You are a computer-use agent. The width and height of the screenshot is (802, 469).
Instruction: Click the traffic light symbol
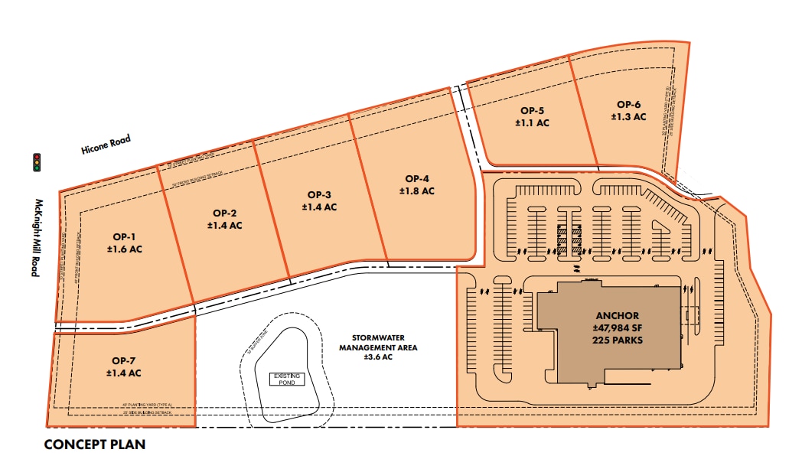pyautogui.click(x=36, y=162)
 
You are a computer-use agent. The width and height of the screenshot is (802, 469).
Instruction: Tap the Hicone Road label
pyautogui.click(x=106, y=145)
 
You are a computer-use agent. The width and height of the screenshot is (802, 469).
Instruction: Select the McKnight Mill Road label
pyautogui.click(x=35, y=238)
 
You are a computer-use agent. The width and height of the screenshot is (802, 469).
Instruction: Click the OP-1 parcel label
pyautogui.click(x=125, y=236)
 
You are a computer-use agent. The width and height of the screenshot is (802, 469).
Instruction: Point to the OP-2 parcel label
pyautogui.click(x=224, y=213)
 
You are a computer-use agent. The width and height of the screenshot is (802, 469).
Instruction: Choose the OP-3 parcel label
pyautogui.click(x=319, y=194)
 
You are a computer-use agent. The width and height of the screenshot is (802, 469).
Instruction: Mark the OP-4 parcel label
pyautogui.click(x=416, y=178)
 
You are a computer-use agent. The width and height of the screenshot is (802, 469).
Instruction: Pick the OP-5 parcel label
pyautogui.click(x=531, y=110)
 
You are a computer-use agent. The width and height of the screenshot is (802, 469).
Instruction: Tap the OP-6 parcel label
pyautogui.click(x=628, y=104)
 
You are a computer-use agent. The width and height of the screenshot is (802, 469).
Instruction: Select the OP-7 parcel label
pyautogui.click(x=123, y=360)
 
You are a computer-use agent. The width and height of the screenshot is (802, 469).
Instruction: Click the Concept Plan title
pyautogui.click(x=94, y=445)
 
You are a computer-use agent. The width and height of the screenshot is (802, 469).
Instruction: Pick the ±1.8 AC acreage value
pyautogui.click(x=416, y=191)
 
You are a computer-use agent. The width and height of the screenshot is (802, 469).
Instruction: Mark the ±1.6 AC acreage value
pyautogui.click(x=125, y=249)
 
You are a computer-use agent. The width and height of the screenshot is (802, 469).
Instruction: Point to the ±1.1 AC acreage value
pyautogui.click(x=531, y=122)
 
